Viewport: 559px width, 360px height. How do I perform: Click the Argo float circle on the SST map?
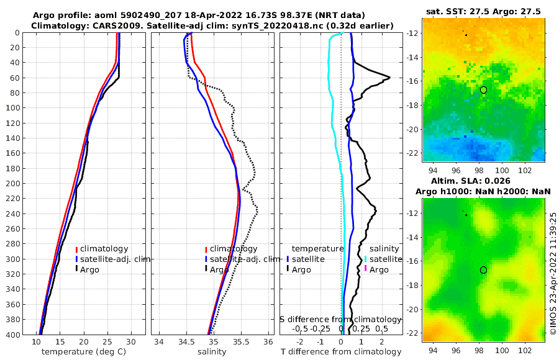(483, 90)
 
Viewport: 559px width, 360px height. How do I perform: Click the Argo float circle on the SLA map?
(483, 270)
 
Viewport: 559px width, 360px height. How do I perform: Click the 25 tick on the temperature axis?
(107, 342)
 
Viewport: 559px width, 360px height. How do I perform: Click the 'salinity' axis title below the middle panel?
(212, 352)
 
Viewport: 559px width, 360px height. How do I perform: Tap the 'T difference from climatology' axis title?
(341, 352)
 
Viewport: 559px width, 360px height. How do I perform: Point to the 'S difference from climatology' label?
(340, 319)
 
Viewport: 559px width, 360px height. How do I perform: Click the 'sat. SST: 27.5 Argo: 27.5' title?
(484, 12)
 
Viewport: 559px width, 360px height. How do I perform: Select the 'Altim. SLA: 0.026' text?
(484, 181)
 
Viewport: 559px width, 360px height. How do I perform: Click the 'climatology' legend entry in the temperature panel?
(104, 249)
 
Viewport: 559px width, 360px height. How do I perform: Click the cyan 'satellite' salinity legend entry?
(386, 259)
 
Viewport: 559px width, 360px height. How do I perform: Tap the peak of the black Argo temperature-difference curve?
(389, 77)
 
